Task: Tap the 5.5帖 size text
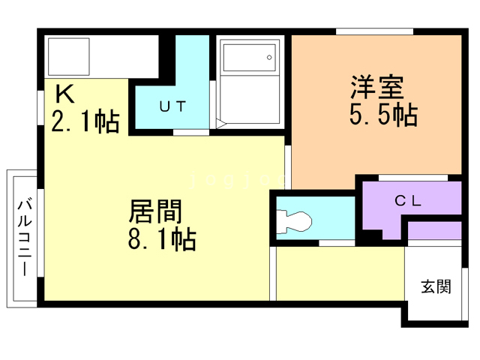click(x=382, y=116)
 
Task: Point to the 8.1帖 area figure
click(x=162, y=240)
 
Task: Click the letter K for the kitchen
click(x=64, y=95)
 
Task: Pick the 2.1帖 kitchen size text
click(x=85, y=121)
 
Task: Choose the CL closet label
click(x=409, y=200)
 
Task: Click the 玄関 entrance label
click(x=435, y=286)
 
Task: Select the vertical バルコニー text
click(x=23, y=236)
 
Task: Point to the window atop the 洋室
click(x=374, y=31)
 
